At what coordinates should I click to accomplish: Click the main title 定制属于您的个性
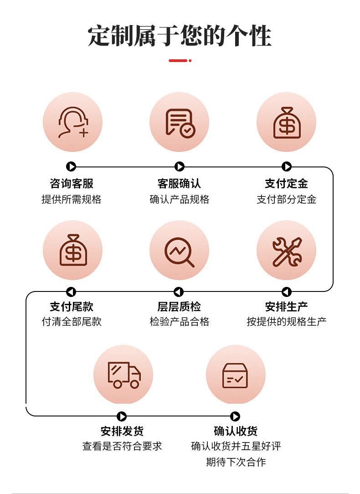(180, 36)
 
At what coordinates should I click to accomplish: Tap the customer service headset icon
(72, 122)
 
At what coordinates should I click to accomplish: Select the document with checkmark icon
(180, 122)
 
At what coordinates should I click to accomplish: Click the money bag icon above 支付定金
(286, 122)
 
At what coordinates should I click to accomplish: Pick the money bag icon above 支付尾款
(72, 250)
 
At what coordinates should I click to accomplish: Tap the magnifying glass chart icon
(180, 250)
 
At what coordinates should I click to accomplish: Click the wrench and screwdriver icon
(286, 250)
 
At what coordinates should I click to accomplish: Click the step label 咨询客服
(72, 183)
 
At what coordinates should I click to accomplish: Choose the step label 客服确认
(179, 183)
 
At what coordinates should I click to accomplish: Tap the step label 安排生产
(287, 307)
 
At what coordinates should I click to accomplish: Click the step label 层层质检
(179, 307)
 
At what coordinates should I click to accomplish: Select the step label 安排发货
(122, 431)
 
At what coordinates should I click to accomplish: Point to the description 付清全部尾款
(72, 322)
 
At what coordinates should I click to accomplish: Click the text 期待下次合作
(236, 462)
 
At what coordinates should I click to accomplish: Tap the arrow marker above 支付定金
(287, 167)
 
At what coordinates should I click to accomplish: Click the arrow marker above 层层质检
(179, 292)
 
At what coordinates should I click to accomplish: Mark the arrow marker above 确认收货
(235, 416)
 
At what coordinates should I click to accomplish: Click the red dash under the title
(178, 60)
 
